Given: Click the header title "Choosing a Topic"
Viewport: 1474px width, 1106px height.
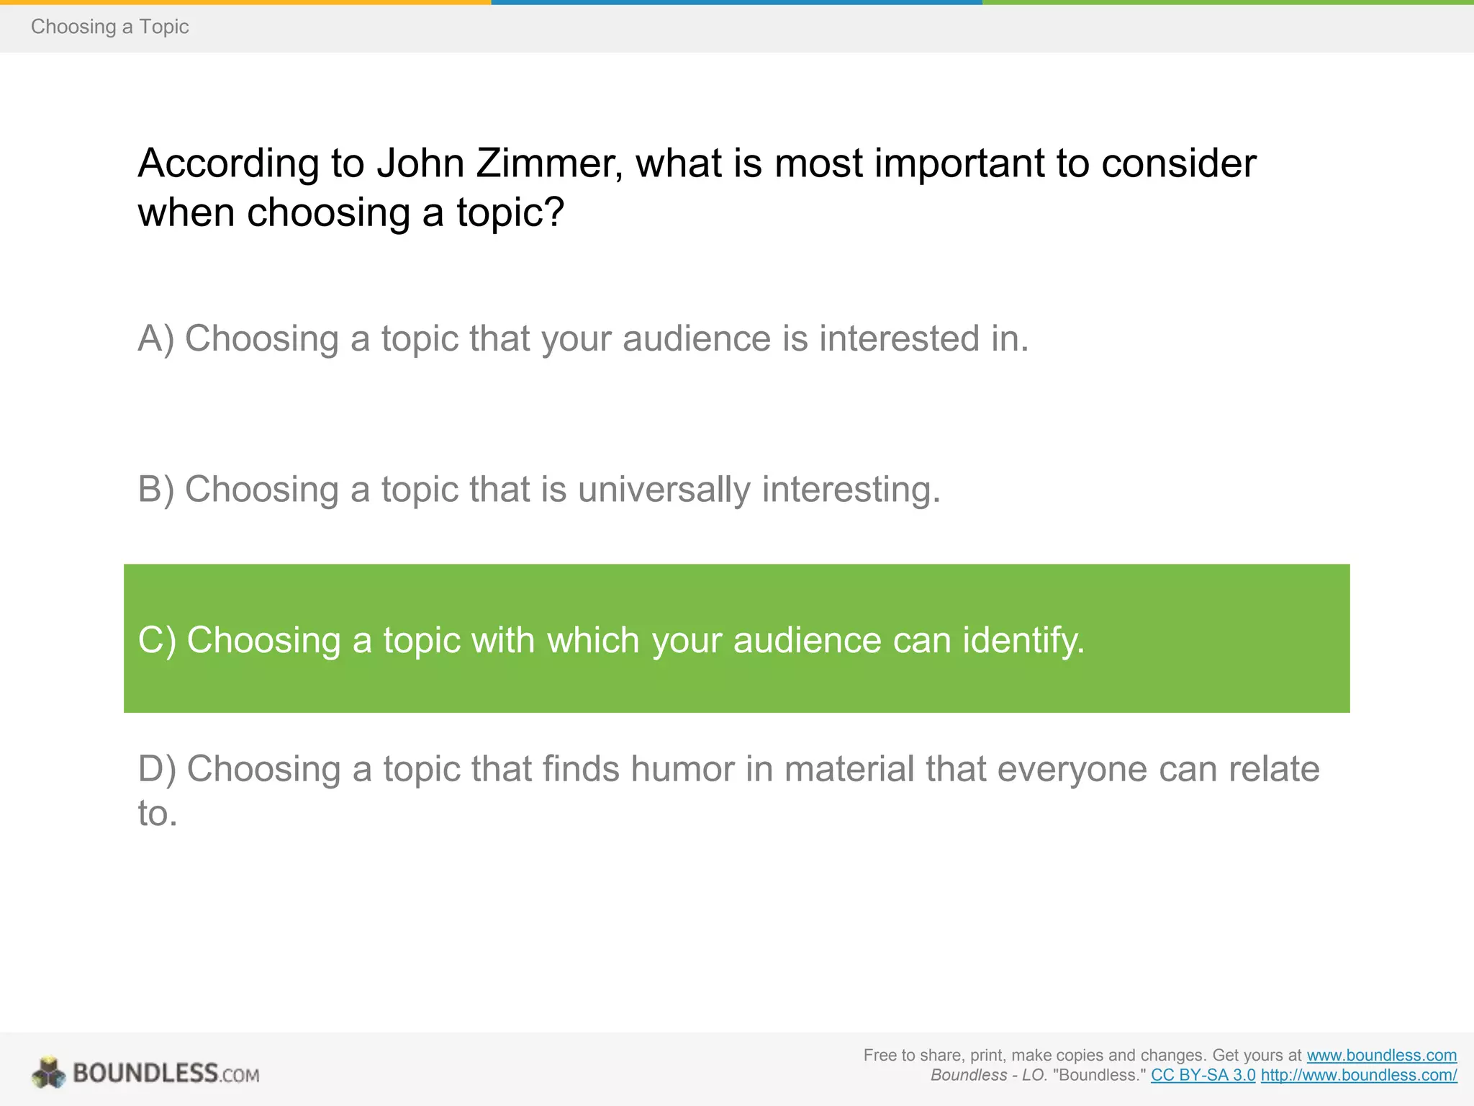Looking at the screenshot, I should tap(109, 27).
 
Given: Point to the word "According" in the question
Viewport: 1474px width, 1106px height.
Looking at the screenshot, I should tap(228, 163).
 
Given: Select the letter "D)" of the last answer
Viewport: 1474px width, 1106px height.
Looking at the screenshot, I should tap(157, 769).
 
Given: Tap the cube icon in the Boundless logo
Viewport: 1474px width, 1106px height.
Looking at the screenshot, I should tap(49, 1073).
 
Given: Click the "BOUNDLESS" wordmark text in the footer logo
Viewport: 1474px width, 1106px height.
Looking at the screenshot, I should tap(145, 1074).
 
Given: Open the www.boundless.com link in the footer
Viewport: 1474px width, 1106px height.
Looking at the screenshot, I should tap(1381, 1056).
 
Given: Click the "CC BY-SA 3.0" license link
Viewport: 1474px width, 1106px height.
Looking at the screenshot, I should tap(1203, 1076).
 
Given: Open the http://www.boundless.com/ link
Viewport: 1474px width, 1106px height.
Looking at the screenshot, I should tap(1358, 1076).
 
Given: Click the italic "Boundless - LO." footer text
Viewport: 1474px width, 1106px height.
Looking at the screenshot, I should tap(988, 1076).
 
